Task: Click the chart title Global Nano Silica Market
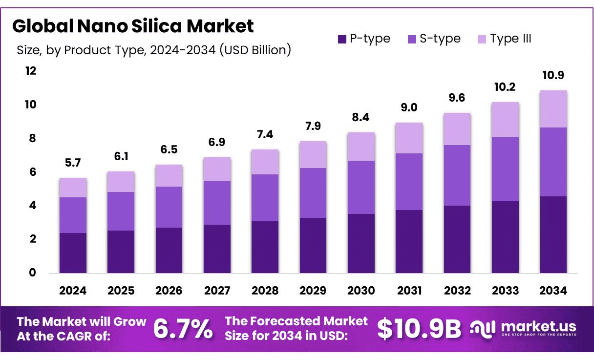133,26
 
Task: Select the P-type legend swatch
341,39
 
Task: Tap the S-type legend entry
434,39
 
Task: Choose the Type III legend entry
505,39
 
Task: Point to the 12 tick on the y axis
31,71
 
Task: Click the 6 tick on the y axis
32,172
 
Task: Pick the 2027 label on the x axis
217,291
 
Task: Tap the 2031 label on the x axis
409,291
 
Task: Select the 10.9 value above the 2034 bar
553,76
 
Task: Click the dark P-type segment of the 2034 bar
553,234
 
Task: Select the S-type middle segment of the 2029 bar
313,193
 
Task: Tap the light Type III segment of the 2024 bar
73,188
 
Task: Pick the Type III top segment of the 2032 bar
457,129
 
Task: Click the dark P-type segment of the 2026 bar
169,250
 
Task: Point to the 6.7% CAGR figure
183,329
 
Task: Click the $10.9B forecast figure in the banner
419,329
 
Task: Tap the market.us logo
523,328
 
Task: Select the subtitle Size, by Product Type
154,50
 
